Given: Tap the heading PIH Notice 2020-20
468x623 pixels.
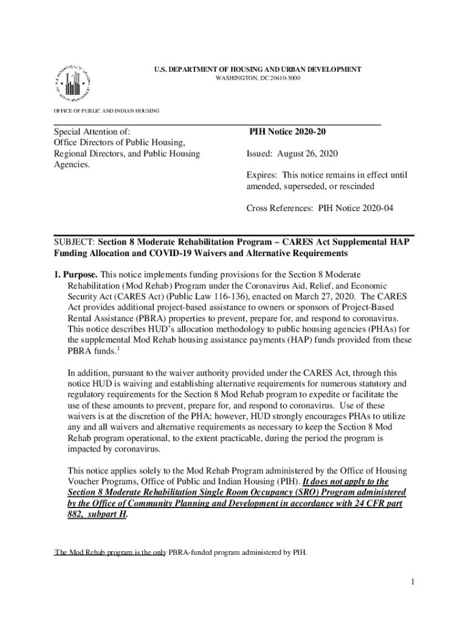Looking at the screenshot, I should (x=291, y=132).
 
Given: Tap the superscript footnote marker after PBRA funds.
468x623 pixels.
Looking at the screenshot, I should (x=118, y=349).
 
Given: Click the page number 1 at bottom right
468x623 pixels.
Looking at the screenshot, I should (x=411, y=583).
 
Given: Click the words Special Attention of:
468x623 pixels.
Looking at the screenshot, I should (x=92, y=132).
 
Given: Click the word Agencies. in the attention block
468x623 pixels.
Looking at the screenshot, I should (x=72, y=164).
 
